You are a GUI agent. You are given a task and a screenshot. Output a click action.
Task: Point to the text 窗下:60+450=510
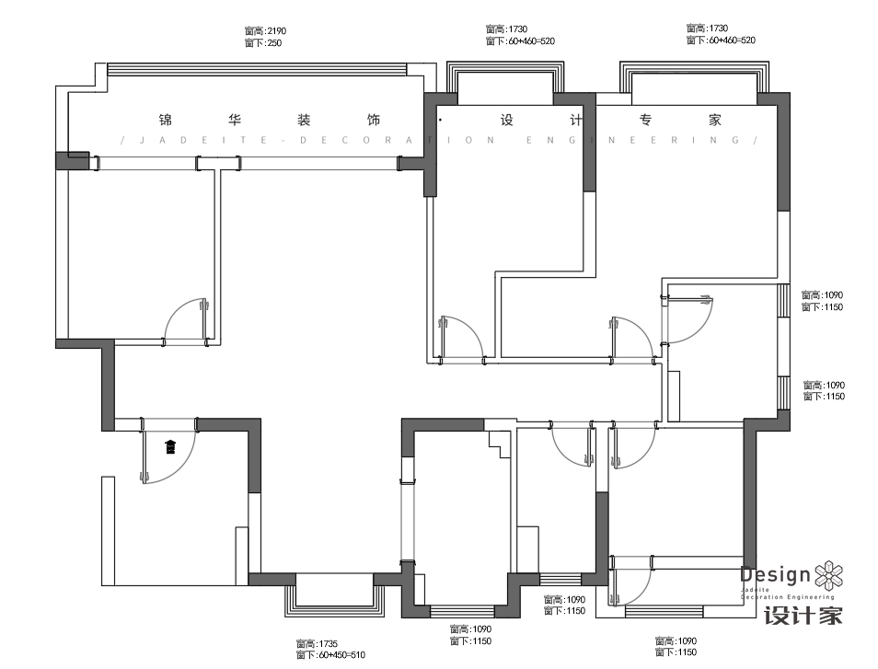tap(330, 655)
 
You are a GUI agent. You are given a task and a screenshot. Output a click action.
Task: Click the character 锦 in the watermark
tap(167, 120)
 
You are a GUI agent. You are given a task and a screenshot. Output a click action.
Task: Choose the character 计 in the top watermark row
tap(576, 120)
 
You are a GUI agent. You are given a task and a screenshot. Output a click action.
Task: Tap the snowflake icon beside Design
tap(829, 576)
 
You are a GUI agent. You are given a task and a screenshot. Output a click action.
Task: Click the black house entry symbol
tap(170, 448)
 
